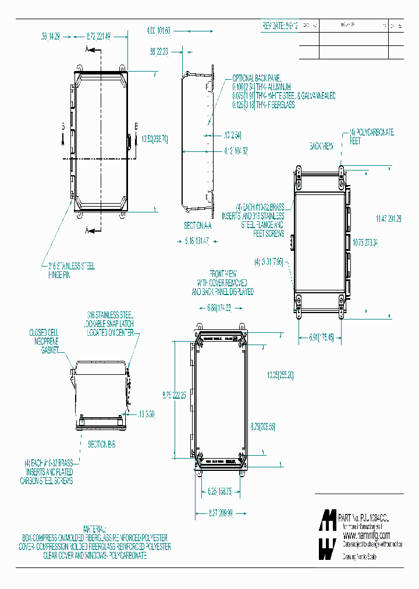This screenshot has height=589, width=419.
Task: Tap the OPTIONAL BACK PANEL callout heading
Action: [x=257, y=78]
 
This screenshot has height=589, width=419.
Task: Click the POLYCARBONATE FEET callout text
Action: [x=371, y=137]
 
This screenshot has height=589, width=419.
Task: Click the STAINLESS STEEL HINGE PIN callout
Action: [x=70, y=269]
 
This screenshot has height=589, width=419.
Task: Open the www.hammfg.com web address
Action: [x=366, y=535]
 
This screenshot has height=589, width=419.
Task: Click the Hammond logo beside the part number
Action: [x=328, y=535]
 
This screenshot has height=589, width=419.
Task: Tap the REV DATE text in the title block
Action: [x=280, y=27]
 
